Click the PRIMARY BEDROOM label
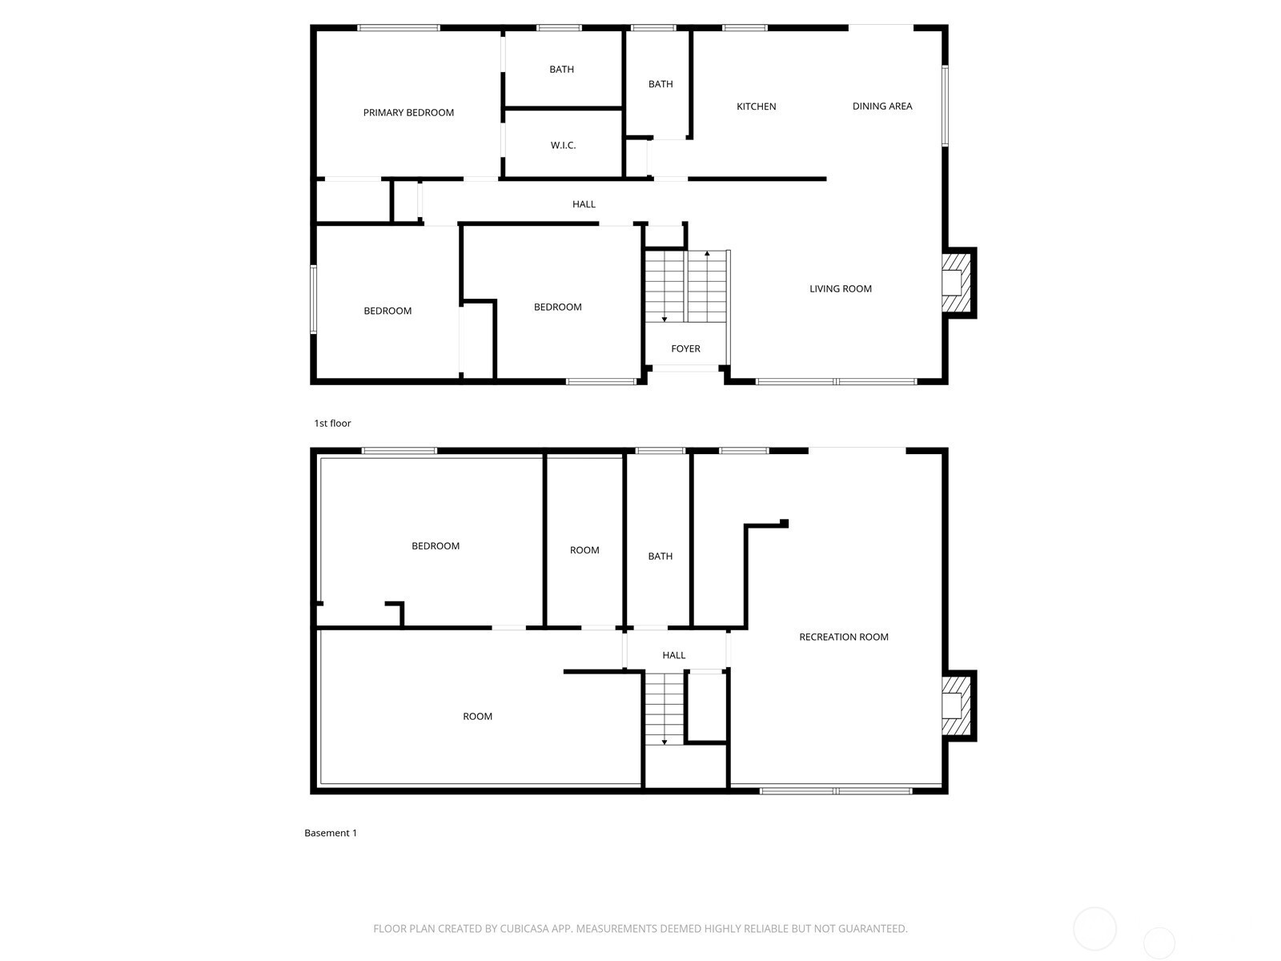[x=408, y=113]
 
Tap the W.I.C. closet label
[x=563, y=146]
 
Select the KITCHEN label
[x=756, y=107]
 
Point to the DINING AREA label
[x=881, y=107]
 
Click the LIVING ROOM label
[x=840, y=289]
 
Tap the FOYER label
[x=685, y=349]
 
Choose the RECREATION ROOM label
[x=843, y=637]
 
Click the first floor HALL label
[x=584, y=204]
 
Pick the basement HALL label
[x=673, y=655]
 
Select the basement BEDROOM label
[x=436, y=546]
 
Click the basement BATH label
[x=660, y=557]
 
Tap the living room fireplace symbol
[x=956, y=283]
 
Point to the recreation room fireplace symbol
[x=956, y=706]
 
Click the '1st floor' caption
[x=332, y=424]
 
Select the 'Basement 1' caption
[x=331, y=833]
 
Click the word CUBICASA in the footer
[x=524, y=929]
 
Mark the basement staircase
[x=665, y=709]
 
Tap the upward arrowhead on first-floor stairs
[x=707, y=255]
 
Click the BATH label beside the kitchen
[x=660, y=84]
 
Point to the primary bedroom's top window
[x=399, y=28]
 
